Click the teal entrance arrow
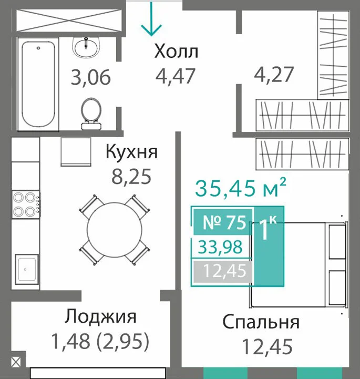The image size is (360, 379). pyautogui.click(x=151, y=19)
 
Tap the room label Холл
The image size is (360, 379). pyautogui.click(x=176, y=52)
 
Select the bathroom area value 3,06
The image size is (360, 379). pyautogui.click(x=91, y=77)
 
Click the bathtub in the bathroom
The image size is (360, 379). pyautogui.click(x=38, y=85)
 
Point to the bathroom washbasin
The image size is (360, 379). pyautogui.click(x=86, y=47)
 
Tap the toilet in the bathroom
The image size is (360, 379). pyautogui.click(x=91, y=114)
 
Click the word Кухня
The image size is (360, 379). pyautogui.click(x=132, y=152)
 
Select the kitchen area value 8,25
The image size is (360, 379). pyautogui.click(x=131, y=177)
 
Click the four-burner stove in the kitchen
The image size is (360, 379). pyautogui.click(x=26, y=204)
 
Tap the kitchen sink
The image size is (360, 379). pyautogui.click(x=27, y=269)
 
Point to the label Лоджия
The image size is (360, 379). pyautogui.click(x=100, y=316)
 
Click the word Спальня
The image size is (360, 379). pyautogui.click(x=261, y=322)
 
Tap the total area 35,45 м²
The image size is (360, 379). pyautogui.click(x=241, y=187)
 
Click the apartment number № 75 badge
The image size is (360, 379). pyautogui.click(x=223, y=222)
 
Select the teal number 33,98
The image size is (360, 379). pyautogui.click(x=220, y=247)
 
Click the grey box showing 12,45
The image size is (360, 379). pyautogui.click(x=223, y=271)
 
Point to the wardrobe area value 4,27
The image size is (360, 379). pyautogui.click(x=274, y=75)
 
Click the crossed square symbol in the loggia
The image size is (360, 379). pyautogui.click(x=16, y=362)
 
